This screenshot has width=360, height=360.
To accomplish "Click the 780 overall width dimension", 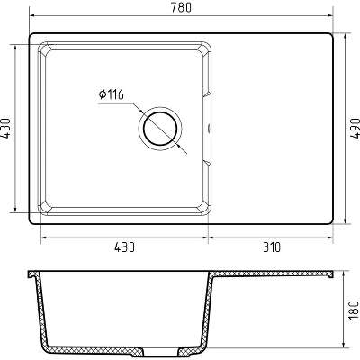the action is click(181, 8).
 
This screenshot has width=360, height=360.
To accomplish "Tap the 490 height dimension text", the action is click(355, 128).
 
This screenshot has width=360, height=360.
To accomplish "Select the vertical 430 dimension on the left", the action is click(5, 129).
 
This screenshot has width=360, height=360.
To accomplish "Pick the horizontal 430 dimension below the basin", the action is click(124, 247).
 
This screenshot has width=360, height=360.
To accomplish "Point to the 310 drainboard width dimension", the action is click(272, 247).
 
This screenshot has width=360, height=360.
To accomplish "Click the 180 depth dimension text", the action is click(355, 310).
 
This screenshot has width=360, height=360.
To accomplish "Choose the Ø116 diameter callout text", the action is click(111, 94).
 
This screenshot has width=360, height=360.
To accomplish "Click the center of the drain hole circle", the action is click(160, 129).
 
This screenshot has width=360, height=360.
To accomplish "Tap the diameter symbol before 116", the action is click(103, 94).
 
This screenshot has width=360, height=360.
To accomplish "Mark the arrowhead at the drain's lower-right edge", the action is click(179, 147).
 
